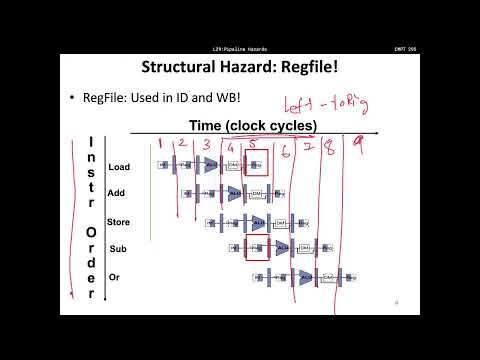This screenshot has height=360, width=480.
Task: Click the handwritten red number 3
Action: (x=207, y=146)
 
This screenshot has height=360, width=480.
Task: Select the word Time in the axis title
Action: (x=208, y=125)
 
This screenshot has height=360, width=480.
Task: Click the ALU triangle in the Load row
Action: (x=210, y=166)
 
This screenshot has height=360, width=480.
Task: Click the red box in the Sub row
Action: (x=256, y=249)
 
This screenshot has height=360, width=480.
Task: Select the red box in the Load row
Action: (x=256, y=166)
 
